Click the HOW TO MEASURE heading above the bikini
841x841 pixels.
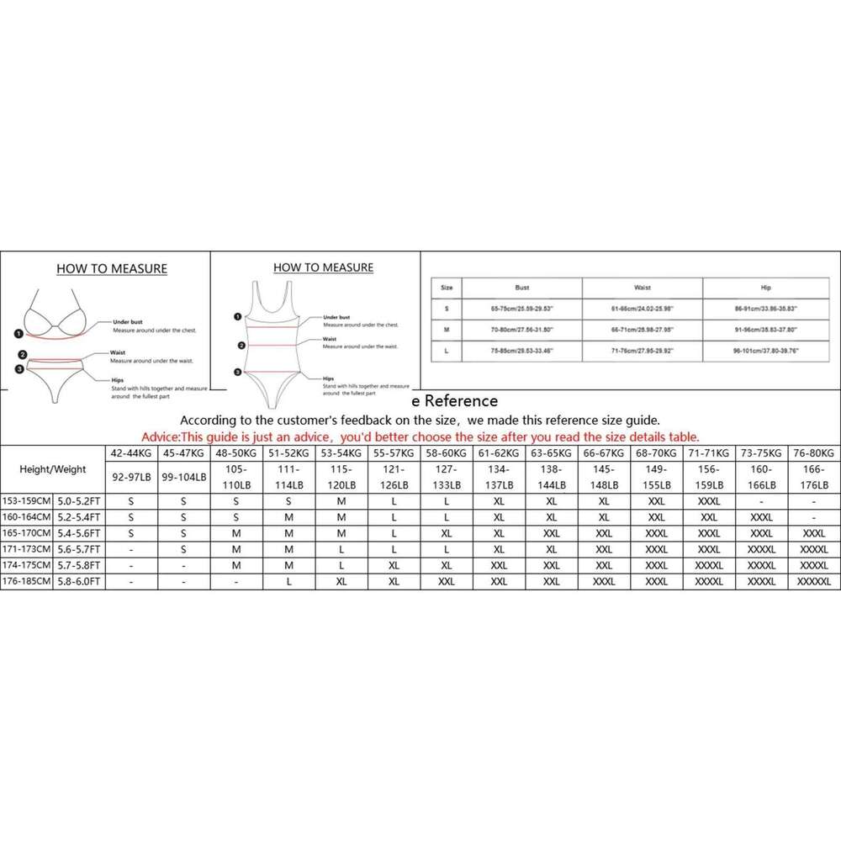pos(111,269)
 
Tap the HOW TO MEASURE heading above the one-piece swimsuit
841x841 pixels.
pos(323,267)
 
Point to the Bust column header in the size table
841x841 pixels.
pos(521,287)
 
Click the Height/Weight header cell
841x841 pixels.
pos(52,469)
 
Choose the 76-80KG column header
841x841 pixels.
pos(812,452)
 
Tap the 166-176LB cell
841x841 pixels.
pos(812,478)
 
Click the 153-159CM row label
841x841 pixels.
pos(26,502)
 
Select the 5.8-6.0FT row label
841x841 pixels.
pos(78,580)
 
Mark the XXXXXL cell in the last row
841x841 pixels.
pos(812,580)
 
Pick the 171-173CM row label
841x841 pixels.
pos(26,549)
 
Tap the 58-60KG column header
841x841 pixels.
pos(446,452)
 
